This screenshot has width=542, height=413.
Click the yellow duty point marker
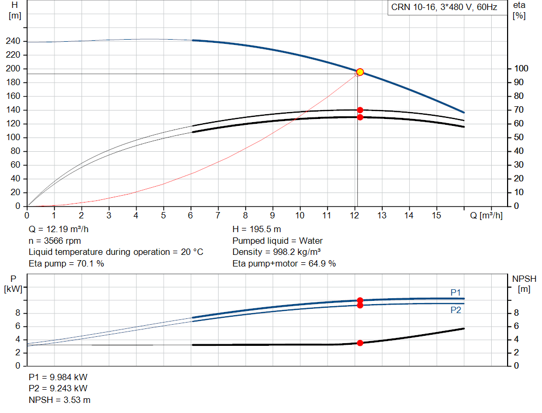point(360,72)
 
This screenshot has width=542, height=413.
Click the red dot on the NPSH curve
point(360,343)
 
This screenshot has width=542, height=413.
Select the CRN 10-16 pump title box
point(444,7)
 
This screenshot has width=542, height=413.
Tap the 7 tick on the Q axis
point(218,215)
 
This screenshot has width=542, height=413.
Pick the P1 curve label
point(456,292)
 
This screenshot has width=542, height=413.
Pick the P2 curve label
point(456,310)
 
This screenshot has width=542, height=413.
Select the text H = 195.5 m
point(257,230)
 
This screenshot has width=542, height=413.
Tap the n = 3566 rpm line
point(55,241)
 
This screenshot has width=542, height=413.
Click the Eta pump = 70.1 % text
point(66,263)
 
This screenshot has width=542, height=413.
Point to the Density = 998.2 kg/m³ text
point(277,252)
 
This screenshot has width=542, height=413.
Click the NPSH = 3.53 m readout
point(59,400)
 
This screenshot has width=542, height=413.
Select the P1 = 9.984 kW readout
point(58,378)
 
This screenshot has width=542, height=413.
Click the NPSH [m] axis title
point(524,283)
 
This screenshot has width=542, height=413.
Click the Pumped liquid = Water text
point(277,241)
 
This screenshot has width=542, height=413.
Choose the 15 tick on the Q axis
point(437,215)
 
